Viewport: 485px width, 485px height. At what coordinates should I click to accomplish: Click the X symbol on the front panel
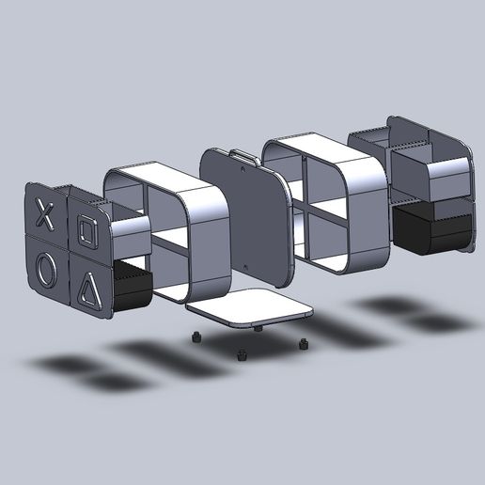pos(43,213)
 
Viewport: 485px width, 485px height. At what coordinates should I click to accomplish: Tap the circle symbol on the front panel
pos(47,271)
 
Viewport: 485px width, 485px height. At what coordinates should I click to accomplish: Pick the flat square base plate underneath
pos(248,308)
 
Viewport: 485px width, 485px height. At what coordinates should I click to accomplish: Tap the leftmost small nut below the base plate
pos(195,337)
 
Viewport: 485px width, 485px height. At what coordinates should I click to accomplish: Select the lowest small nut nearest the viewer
pos(241,355)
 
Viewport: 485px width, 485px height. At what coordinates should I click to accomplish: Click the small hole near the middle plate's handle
pos(245,169)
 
